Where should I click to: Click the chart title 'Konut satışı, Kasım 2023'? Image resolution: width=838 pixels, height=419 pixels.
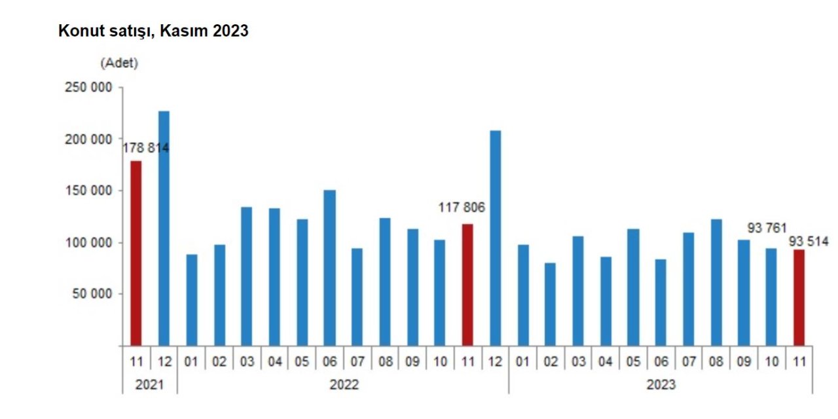(153, 31)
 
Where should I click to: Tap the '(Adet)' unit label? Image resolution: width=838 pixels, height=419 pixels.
(119, 64)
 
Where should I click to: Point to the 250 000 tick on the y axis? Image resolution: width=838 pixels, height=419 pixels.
(88, 88)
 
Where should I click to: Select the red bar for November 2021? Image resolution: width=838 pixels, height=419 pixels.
(136, 253)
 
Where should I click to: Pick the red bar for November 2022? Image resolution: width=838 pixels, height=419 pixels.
(467, 285)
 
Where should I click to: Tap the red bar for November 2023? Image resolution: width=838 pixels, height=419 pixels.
(799, 297)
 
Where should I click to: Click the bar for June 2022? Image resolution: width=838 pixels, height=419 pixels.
(329, 268)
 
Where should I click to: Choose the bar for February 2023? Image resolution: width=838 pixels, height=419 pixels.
(550, 304)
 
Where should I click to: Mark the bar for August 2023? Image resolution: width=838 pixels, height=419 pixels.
(716, 282)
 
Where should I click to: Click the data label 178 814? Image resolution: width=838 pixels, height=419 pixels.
(145, 148)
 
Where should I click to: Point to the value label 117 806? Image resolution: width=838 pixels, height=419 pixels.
(462, 208)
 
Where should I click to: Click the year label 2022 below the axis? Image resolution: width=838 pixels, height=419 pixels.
(343, 385)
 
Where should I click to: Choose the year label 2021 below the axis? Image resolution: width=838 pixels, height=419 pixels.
(149, 385)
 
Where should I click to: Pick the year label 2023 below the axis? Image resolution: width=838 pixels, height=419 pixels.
(661, 385)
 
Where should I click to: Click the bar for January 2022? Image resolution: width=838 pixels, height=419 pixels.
(191, 300)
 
